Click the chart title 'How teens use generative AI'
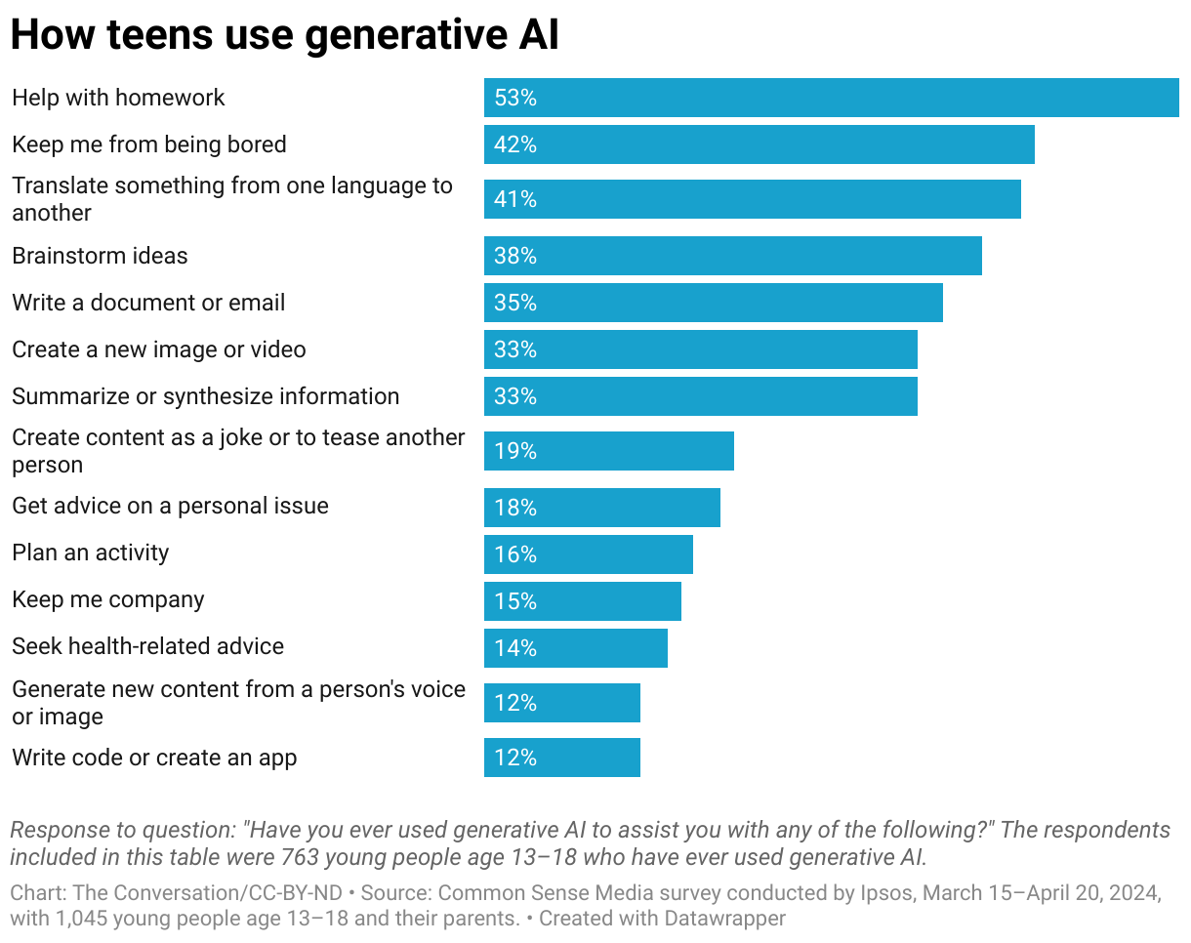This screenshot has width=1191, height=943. (284, 35)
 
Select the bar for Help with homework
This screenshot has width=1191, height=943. (831, 98)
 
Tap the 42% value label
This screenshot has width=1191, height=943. (515, 144)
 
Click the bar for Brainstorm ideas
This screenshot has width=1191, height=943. (732, 256)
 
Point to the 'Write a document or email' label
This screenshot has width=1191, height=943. (148, 303)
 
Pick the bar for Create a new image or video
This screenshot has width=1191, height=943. (700, 349)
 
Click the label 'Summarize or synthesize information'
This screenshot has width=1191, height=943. (205, 396)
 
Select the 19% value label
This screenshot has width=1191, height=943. (515, 451)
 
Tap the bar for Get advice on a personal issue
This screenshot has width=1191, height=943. (601, 508)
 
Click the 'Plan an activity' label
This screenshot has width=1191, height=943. (91, 553)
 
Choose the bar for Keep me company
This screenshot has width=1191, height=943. (582, 601)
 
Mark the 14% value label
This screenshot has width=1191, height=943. (515, 648)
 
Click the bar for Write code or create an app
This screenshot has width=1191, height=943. (561, 758)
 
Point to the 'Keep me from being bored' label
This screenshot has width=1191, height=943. (149, 144)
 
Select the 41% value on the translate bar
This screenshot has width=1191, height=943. (515, 199)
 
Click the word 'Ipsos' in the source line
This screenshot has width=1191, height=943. (886, 893)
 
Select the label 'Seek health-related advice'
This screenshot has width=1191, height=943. (147, 646)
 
